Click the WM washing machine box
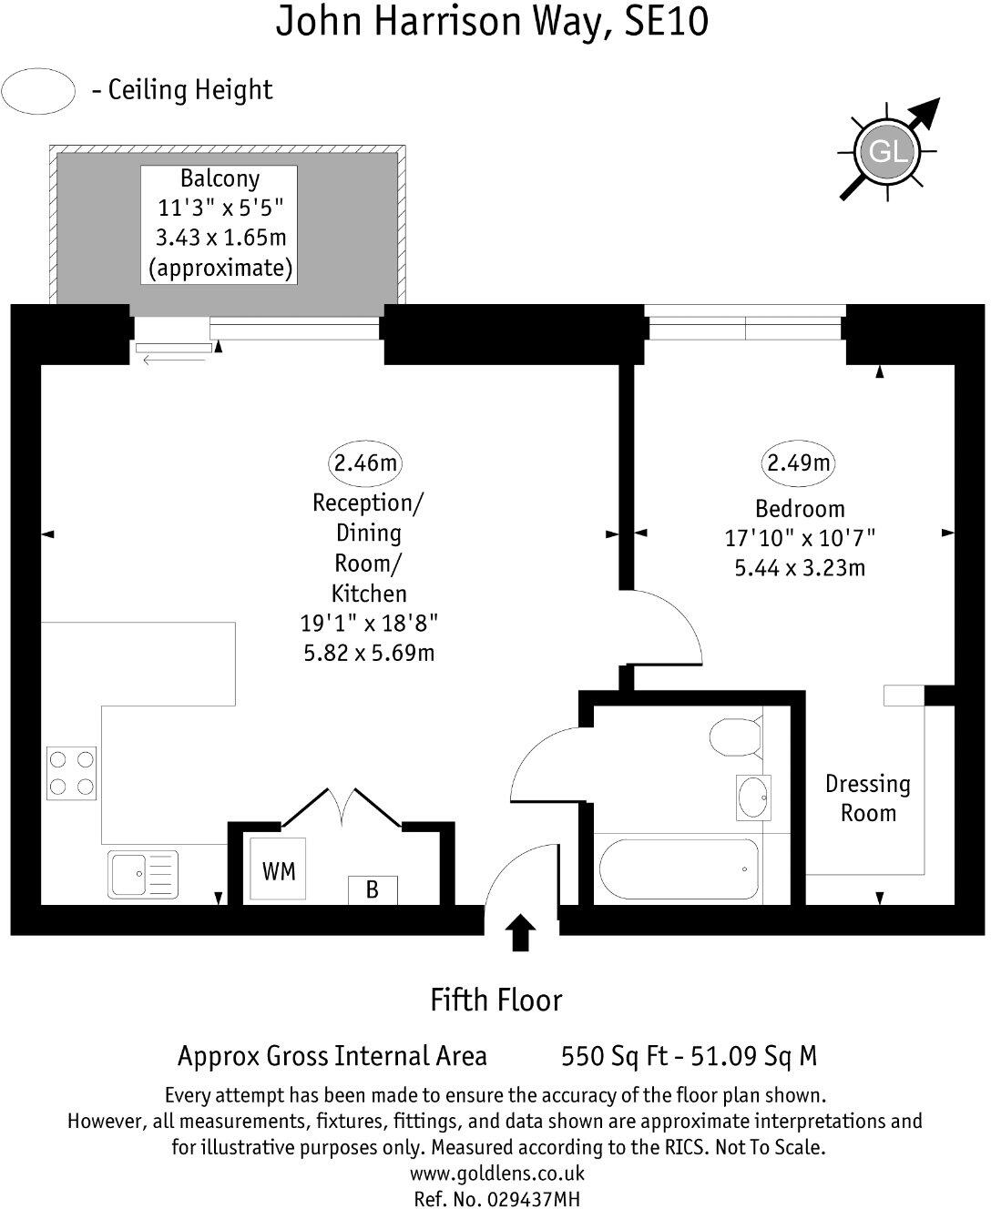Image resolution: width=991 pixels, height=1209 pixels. (x=278, y=869)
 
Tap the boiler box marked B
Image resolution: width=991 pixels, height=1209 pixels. (x=373, y=890)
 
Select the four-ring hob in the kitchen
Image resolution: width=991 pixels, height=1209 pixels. (x=72, y=773)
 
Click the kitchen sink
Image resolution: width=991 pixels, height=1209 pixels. (x=143, y=874)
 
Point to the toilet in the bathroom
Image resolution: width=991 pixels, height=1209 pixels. (x=736, y=737)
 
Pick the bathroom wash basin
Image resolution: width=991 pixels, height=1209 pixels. (x=753, y=798)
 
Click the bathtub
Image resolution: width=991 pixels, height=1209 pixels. (x=679, y=869)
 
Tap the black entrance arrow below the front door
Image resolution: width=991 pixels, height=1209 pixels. (x=520, y=932)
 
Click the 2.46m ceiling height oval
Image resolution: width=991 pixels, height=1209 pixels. (x=365, y=462)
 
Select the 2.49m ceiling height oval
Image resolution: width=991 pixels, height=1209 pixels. (x=798, y=462)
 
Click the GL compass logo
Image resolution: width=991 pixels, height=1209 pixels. (x=888, y=151)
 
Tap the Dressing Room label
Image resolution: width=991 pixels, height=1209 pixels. (x=868, y=798)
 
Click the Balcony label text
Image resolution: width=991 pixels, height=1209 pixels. (x=220, y=178)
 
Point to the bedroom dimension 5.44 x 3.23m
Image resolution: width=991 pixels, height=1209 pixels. (x=800, y=568)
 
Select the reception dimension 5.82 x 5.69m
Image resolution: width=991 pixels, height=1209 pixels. (x=369, y=653)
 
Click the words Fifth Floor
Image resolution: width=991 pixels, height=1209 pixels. (x=496, y=1001)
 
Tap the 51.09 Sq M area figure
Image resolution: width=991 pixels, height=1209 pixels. (x=753, y=1056)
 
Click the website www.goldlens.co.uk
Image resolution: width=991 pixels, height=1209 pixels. (x=497, y=1173)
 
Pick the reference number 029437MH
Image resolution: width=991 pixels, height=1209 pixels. (x=534, y=1199)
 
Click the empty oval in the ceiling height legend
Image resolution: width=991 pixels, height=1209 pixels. (x=38, y=91)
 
